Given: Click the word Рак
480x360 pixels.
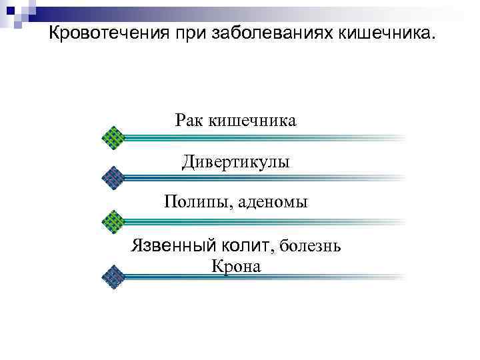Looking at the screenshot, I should pos(190,121).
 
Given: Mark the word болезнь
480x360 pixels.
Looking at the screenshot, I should pos(311,246).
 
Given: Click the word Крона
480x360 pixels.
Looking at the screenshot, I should pos(236,266).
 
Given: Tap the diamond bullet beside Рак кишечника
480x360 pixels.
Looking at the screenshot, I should pos(114,137).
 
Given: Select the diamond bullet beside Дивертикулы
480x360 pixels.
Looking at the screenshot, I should pos(114,177).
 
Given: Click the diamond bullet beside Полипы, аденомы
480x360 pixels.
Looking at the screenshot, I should pos(114,220).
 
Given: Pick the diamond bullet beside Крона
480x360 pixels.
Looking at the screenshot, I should pos(114,276).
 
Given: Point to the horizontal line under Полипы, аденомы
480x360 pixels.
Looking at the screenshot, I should pos(263,220).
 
